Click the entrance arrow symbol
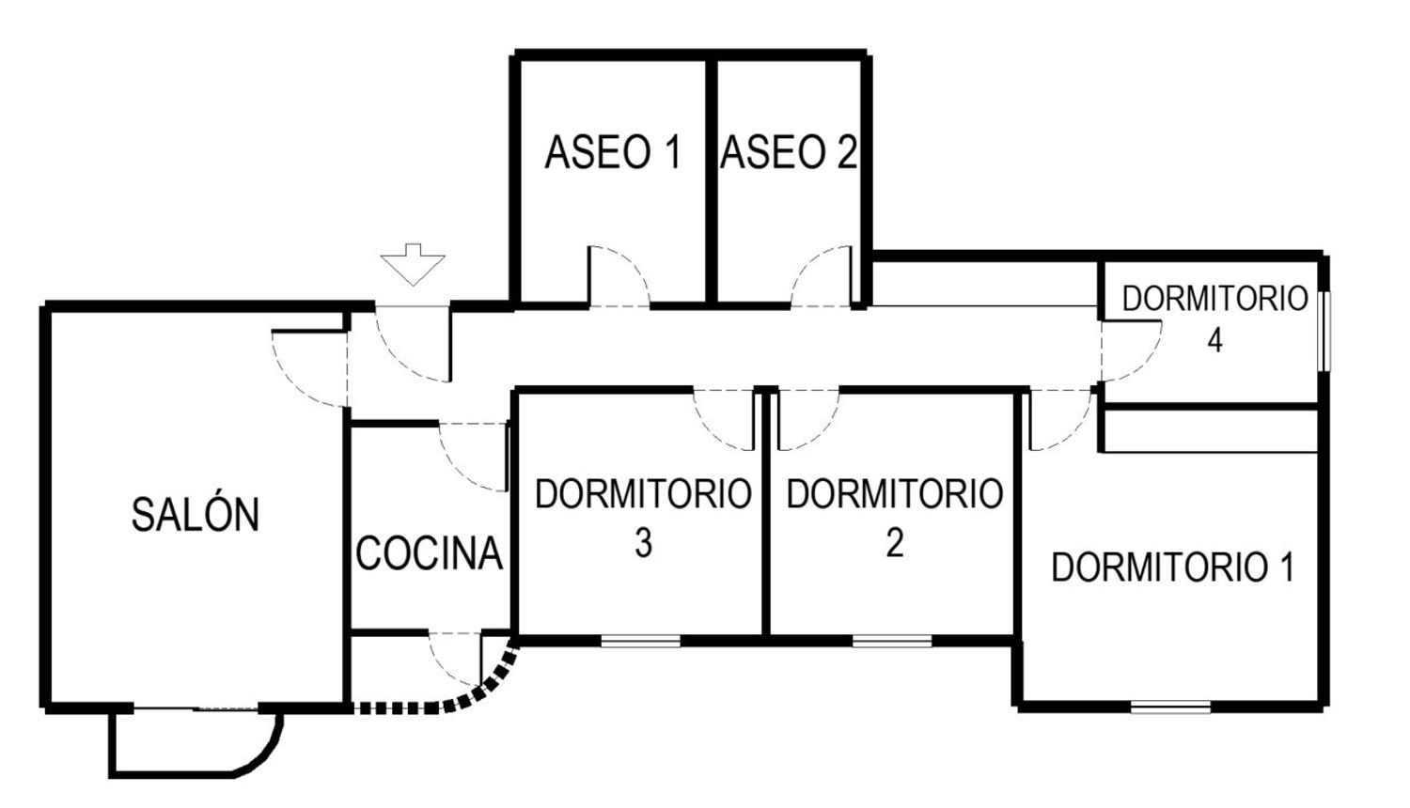[413, 264]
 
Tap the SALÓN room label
[196, 514]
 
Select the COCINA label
[430, 553]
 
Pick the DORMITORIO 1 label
[1173, 567]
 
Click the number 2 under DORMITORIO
[895, 542]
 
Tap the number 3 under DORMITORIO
[643, 542]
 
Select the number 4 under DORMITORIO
[1214, 340]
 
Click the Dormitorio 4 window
[1325, 331]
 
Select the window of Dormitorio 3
[641, 642]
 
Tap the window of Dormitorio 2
[893, 642]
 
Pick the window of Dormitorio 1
[1171, 707]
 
